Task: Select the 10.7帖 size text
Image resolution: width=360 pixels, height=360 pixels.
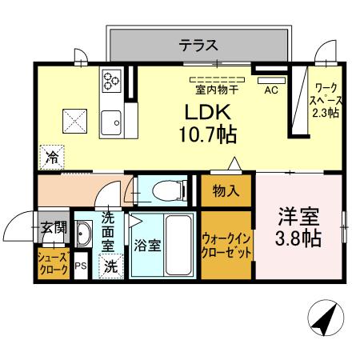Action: click(x=206, y=134)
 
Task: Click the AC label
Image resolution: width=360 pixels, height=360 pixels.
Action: click(x=270, y=90)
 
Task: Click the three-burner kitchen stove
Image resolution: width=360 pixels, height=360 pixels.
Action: click(x=110, y=79)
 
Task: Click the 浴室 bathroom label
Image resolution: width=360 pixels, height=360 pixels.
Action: click(x=148, y=246)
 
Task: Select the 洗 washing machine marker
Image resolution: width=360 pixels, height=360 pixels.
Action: click(x=110, y=267)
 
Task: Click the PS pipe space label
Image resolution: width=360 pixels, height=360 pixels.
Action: click(x=81, y=266)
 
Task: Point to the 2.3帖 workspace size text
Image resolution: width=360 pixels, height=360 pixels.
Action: click(x=326, y=113)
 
